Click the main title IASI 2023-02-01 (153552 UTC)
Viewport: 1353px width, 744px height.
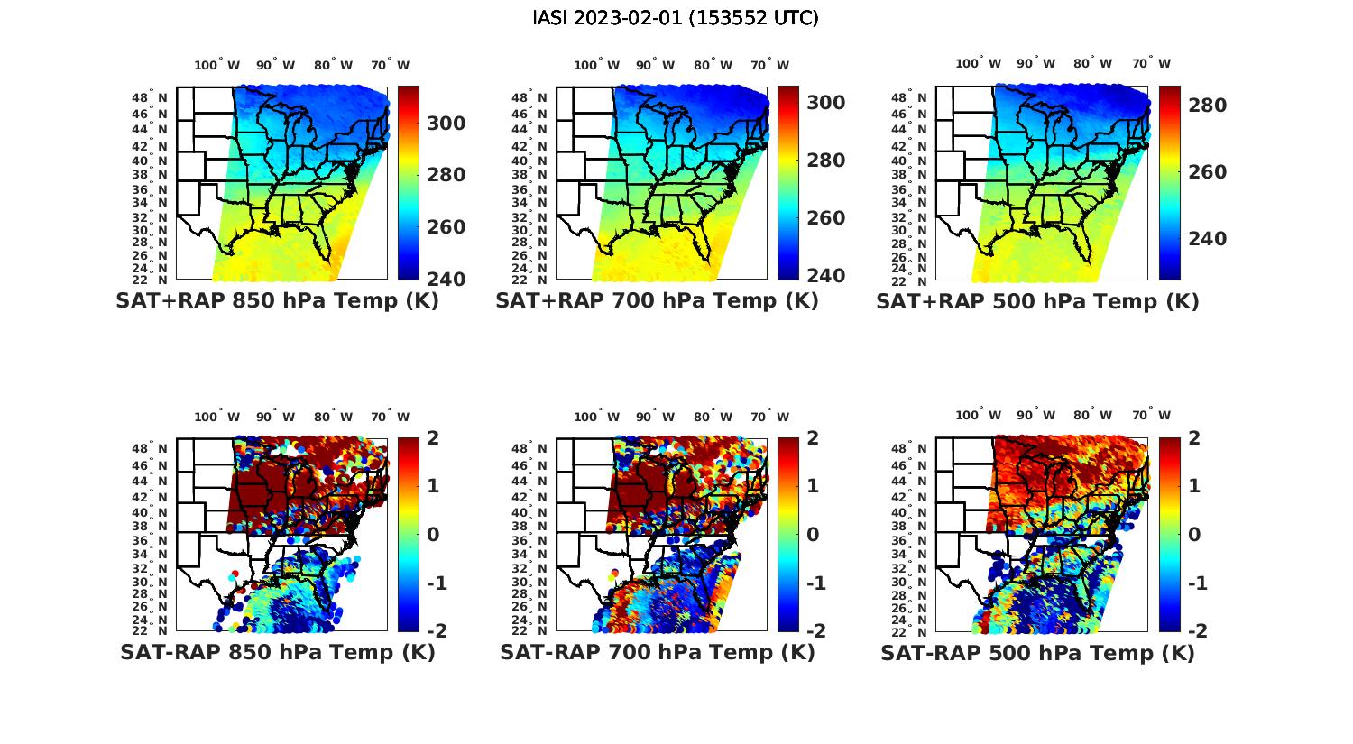click(676, 18)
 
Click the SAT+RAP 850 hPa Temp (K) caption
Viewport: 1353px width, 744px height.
click(277, 301)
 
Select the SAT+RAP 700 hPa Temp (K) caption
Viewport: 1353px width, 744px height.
click(657, 301)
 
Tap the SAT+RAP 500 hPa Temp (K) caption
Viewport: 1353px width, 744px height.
click(1037, 301)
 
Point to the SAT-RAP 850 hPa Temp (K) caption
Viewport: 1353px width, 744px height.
click(277, 652)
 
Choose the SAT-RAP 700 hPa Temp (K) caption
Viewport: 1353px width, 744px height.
click(657, 652)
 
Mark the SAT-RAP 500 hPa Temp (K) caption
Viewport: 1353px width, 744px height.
click(1037, 652)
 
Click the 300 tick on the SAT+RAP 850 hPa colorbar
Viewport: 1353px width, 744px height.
click(446, 123)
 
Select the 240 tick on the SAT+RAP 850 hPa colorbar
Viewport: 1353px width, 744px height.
click(446, 279)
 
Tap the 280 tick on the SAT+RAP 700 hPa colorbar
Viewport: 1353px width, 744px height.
click(825, 161)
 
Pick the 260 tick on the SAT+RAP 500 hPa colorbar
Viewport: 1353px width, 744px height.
click(1207, 172)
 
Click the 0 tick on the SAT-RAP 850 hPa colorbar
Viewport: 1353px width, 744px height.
click(433, 535)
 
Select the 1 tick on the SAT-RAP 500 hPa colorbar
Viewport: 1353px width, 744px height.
click(1195, 486)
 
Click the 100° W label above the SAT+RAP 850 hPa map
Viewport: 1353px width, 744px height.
click(217, 65)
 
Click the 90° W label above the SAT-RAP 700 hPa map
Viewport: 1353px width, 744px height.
click(655, 417)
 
